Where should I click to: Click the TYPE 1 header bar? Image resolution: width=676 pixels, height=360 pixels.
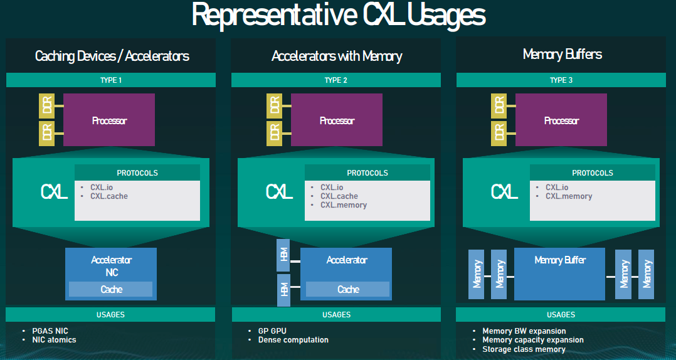pos(111,80)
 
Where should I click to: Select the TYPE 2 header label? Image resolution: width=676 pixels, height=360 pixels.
pos(336,80)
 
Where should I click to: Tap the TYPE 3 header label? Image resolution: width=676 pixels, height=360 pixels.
pos(561,80)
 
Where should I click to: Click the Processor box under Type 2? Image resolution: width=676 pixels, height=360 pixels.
pos(337,120)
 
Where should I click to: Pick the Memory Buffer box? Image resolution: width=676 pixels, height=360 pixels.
pos(559,273)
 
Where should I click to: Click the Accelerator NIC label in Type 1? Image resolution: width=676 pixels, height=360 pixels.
pos(111,266)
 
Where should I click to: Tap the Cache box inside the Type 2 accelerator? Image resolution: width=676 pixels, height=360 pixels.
pos(348,289)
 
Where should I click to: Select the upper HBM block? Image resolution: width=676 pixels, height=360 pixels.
pos(283,254)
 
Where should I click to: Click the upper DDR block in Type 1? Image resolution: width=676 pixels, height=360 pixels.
pos(47,105)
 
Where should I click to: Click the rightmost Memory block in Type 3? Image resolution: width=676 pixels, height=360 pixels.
pos(647,273)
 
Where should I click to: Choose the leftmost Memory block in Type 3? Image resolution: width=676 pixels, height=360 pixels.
pos(477,273)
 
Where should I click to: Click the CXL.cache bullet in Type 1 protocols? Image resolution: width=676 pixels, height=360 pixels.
pos(109,196)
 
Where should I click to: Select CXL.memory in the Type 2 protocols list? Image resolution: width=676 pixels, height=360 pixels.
pos(344,205)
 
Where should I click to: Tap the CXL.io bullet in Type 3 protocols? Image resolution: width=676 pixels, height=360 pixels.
pos(557,188)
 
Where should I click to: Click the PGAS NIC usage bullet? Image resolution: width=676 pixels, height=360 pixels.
pos(50,331)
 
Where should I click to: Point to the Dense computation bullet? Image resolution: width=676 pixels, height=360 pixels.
pos(293,340)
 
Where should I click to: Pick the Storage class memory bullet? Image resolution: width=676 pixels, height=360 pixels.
pos(524,349)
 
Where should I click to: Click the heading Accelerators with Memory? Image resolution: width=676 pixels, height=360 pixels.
pos(337,56)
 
